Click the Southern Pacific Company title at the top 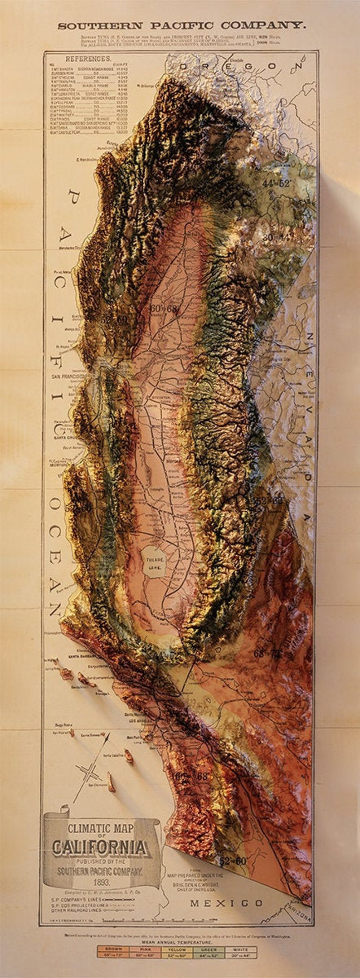click(x=181, y=25)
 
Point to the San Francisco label click(x=71, y=377)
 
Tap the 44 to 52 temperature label click(x=276, y=184)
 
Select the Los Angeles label click(x=139, y=720)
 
